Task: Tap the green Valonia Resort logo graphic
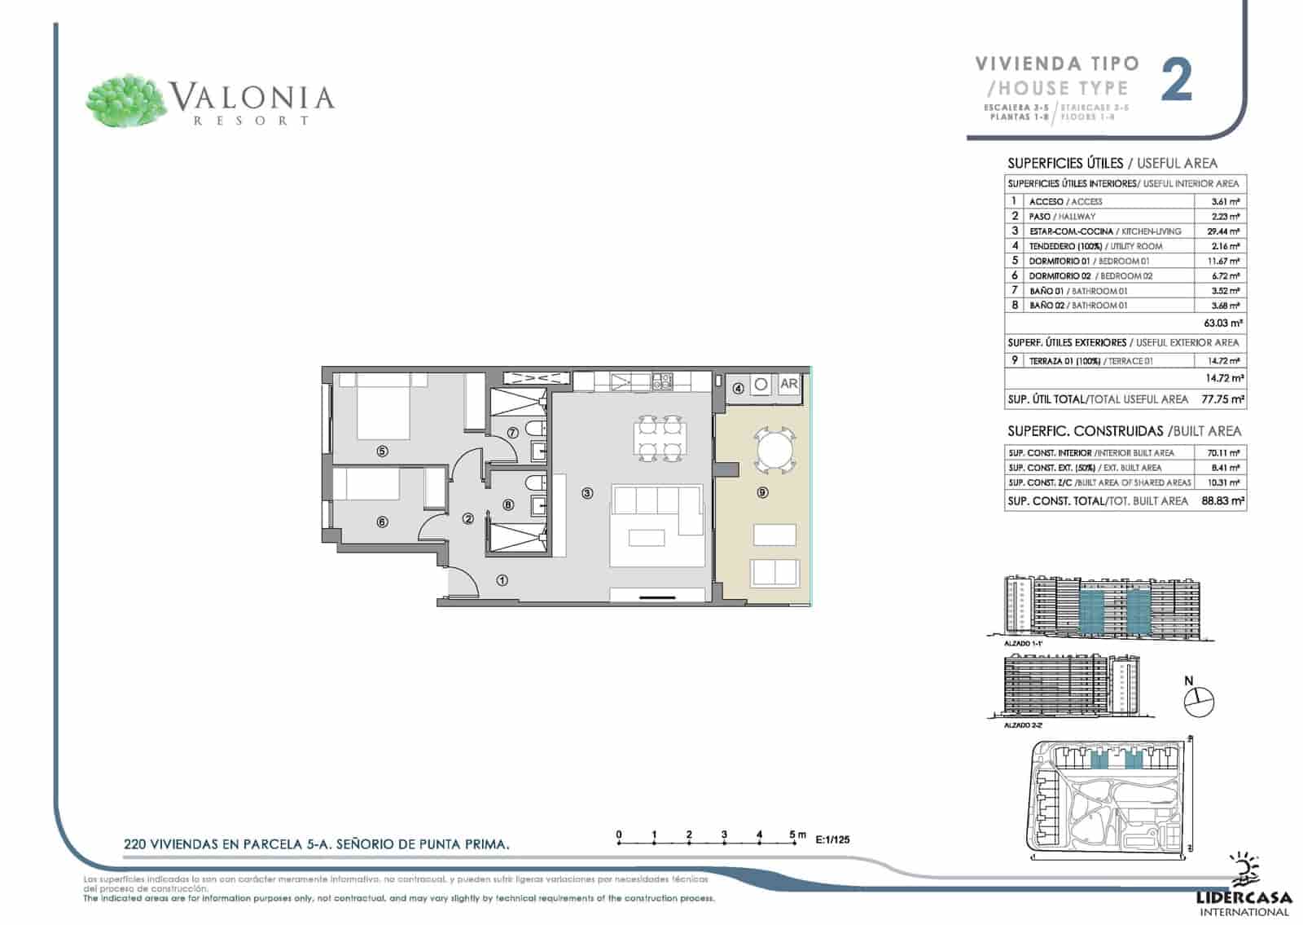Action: click(125, 101)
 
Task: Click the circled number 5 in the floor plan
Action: click(382, 451)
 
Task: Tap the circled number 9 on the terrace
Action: click(762, 492)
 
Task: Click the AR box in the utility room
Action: click(788, 384)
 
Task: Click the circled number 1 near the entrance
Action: click(502, 580)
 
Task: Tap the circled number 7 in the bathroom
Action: click(512, 434)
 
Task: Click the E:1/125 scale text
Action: click(832, 839)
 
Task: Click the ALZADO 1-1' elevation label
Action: click(1024, 643)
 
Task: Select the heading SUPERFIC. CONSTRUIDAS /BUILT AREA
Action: click(1124, 431)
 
